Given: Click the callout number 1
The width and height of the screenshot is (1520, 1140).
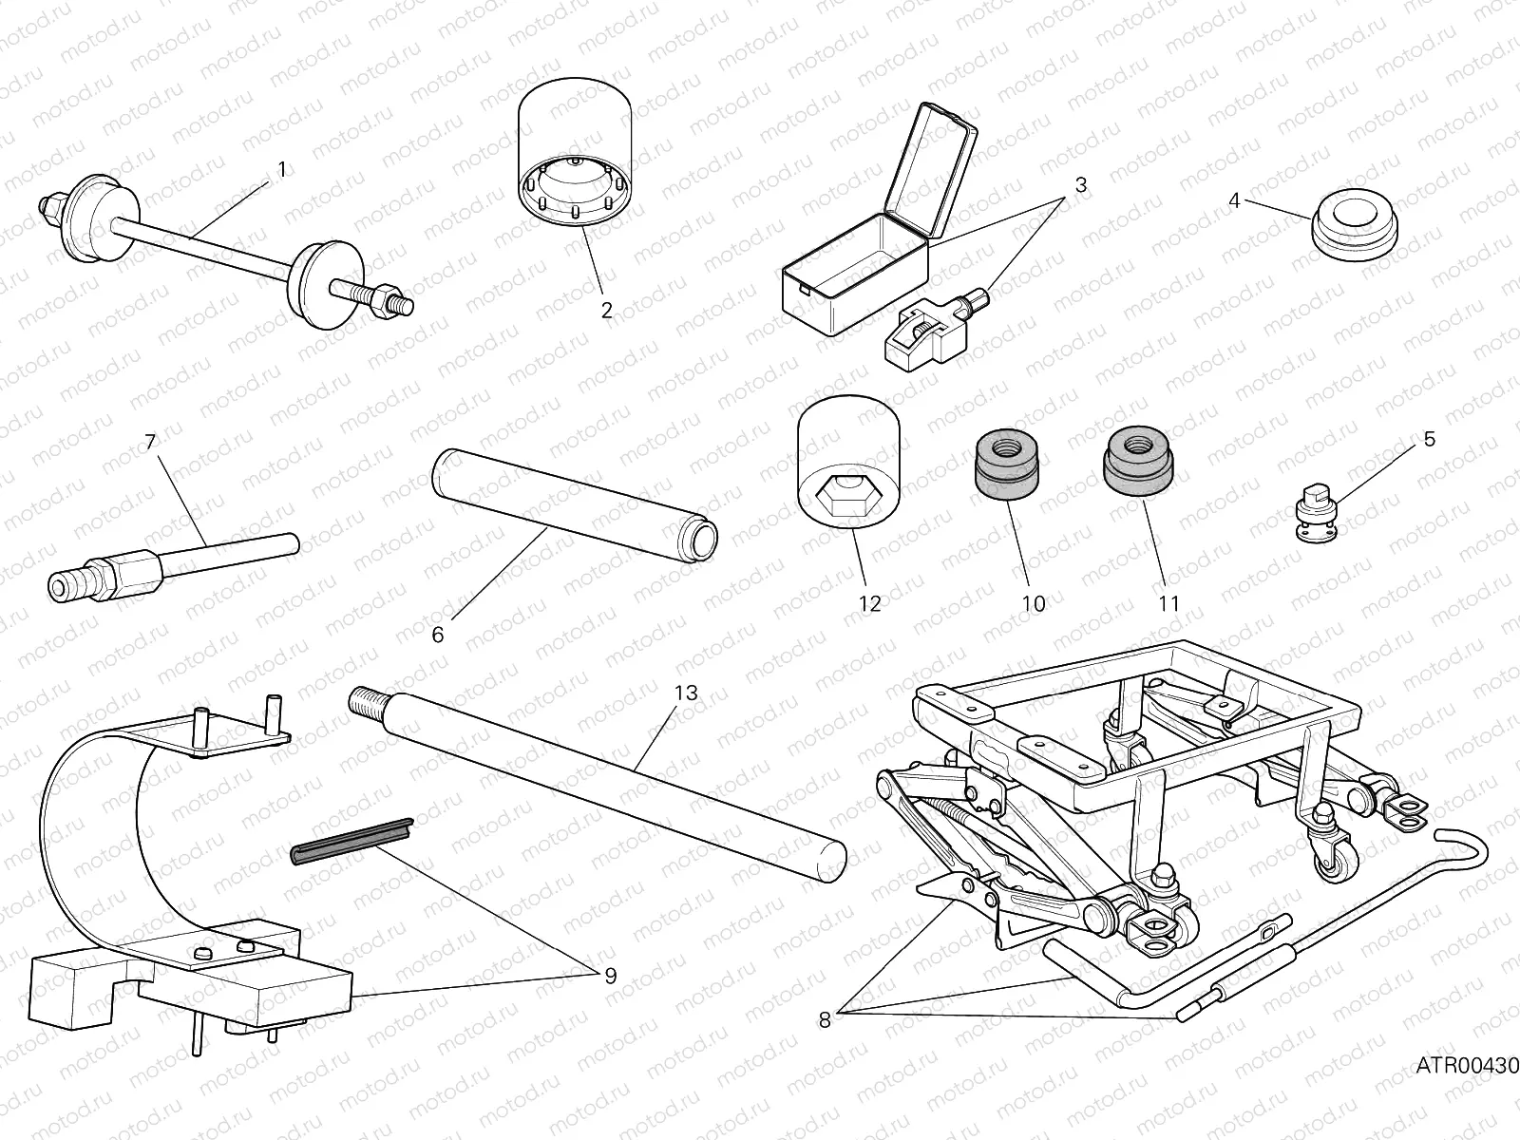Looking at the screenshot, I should coord(281,169).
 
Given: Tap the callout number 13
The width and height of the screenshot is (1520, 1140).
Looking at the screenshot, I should coord(686,693).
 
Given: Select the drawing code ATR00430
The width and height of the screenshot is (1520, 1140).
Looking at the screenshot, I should coord(1467,1067).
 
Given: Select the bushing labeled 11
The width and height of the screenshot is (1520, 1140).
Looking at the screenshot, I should coord(1137,459).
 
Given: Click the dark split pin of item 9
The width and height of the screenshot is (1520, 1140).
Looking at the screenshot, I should coord(351,841).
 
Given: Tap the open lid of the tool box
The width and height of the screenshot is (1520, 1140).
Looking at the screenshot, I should coord(931,171).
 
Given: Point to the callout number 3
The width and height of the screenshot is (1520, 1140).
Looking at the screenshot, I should coord(1080,184).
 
